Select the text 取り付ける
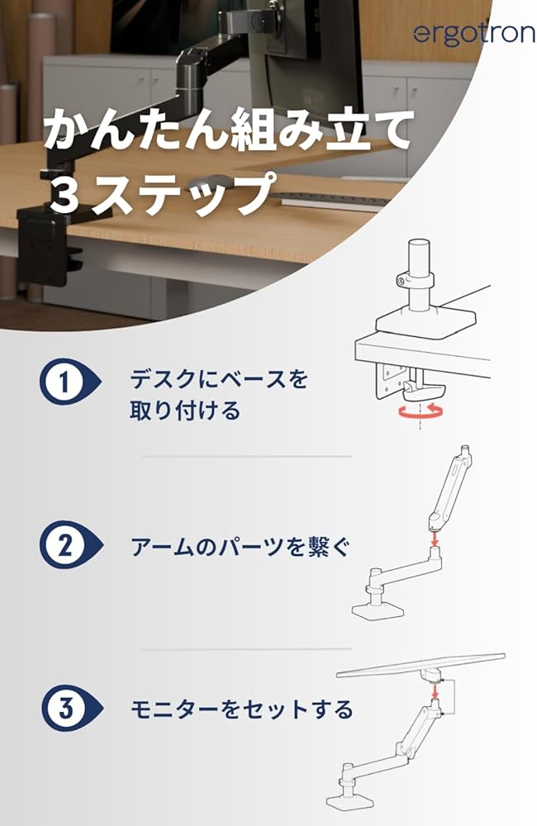click(184, 411)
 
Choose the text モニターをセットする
click(241, 709)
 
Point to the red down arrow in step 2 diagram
click(434, 538)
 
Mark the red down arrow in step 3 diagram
click(432, 699)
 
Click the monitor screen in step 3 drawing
click(425, 663)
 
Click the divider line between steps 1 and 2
click(246, 456)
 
